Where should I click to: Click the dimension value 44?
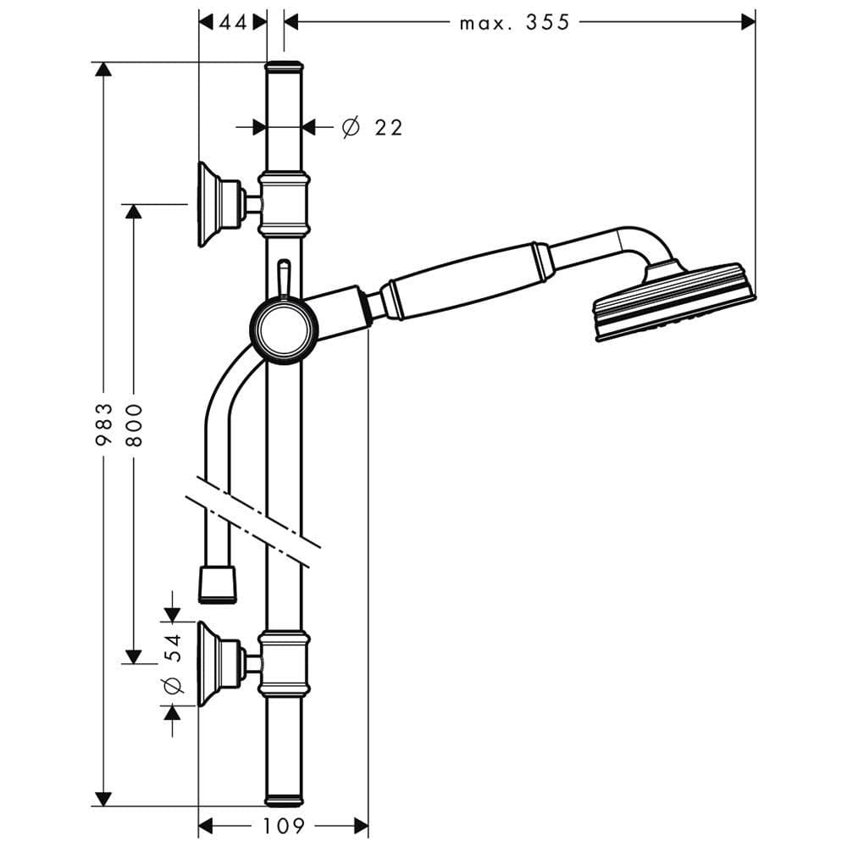[x=233, y=22]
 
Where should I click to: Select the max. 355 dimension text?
[x=514, y=22]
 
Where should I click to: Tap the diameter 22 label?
[x=373, y=128]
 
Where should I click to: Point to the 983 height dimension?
[x=104, y=423]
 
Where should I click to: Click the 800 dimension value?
[x=135, y=425]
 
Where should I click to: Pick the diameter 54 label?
[x=173, y=663]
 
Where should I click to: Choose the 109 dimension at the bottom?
[x=284, y=825]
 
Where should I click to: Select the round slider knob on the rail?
[x=284, y=329]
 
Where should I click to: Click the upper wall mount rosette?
[x=218, y=204]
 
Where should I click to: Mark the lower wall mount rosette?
[x=218, y=663]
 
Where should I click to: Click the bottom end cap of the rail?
[x=284, y=800]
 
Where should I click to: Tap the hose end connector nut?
[x=219, y=584]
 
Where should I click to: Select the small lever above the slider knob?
[x=283, y=278]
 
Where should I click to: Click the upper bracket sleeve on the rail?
[x=284, y=204]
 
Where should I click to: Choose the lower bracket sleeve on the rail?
[x=284, y=663]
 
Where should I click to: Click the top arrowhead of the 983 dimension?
[x=103, y=70]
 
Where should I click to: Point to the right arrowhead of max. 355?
[x=748, y=22]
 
